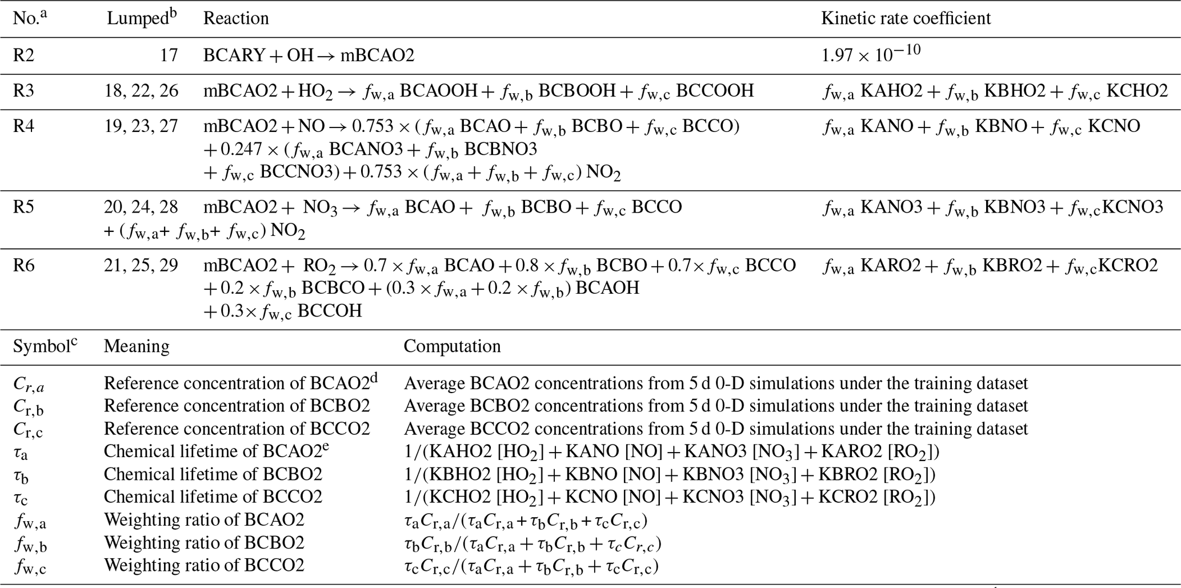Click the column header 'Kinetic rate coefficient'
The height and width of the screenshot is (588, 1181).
906,18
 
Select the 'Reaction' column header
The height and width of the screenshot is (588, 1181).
236,18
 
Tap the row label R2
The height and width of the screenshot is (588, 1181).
24,55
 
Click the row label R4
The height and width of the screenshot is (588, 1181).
24,126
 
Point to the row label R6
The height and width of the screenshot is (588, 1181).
24,265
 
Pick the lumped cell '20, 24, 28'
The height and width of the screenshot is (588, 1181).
141,207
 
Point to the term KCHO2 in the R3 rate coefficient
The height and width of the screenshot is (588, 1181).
1137,91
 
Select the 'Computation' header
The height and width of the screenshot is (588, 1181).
452,346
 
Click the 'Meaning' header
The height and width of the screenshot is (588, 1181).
137,346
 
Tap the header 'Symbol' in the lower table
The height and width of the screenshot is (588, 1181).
42,346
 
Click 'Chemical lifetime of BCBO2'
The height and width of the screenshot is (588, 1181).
213,474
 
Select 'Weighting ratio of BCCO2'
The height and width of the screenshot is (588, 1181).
204,566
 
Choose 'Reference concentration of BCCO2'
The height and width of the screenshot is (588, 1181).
237,429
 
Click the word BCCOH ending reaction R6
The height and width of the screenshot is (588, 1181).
330,311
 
